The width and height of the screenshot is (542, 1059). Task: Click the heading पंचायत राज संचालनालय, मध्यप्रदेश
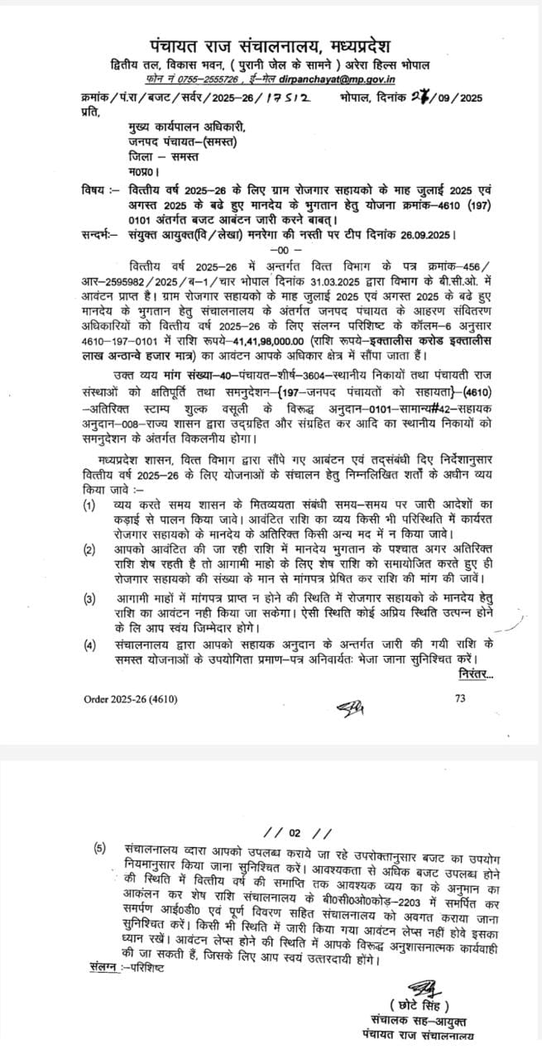(270, 45)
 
